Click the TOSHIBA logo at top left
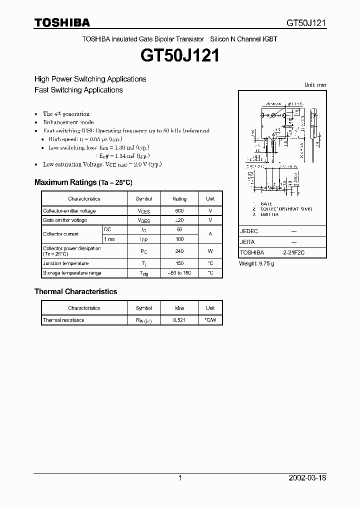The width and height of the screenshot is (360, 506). point(62,22)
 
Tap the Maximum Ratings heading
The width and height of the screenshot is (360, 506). point(83,182)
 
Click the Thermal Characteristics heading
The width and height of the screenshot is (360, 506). point(75,291)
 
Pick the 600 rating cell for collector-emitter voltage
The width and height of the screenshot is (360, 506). point(179,211)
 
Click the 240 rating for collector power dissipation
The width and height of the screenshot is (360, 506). point(179,251)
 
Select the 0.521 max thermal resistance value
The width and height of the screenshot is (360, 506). point(179,320)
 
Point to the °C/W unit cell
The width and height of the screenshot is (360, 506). point(210,320)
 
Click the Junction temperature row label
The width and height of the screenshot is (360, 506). point(65,263)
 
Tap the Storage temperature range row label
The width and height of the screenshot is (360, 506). point(72,273)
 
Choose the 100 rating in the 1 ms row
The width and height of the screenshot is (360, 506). point(179,239)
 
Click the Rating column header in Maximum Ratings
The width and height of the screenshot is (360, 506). point(179,198)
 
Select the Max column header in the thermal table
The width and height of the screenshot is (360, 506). point(179,308)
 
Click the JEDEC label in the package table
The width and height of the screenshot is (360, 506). point(249,231)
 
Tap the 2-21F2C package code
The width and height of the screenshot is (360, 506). point(293,253)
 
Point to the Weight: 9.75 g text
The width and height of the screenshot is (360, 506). point(256,263)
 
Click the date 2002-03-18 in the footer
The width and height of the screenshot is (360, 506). point(307,478)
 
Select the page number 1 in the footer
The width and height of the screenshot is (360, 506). point(180,478)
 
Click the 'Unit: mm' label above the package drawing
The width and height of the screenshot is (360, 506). point(315,85)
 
